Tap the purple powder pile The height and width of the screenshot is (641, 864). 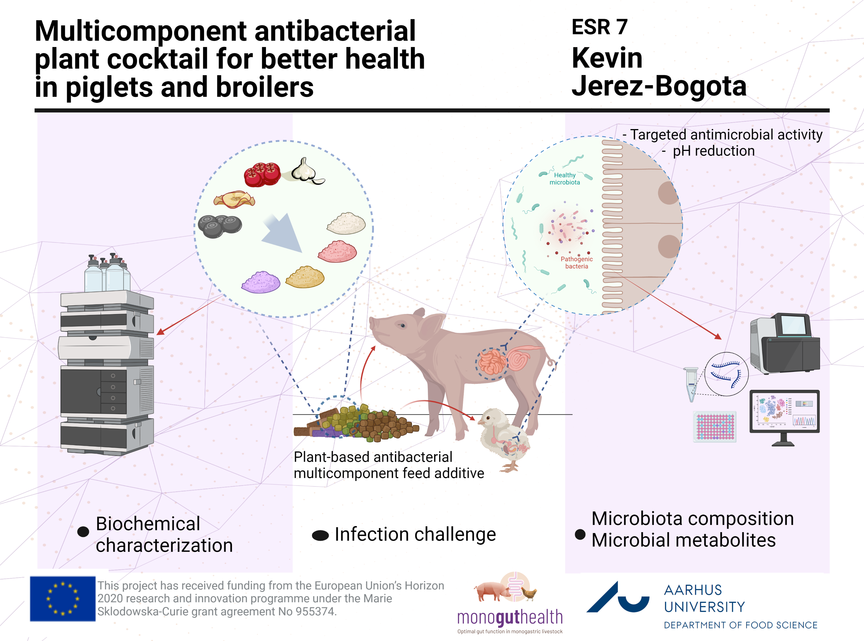click(x=261, y=282)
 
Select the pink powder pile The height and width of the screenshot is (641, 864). click(x=337, y=252)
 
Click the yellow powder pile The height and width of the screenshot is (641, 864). click(x=305, y=277)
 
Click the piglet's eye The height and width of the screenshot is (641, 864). click(x=402, y=325)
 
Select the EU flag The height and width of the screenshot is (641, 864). click(x=63, y=599)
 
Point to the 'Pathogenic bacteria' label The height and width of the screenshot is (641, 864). click(x=576, y=262)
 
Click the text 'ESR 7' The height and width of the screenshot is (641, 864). click(x=600, y=27)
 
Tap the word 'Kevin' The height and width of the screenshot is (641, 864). click(x=607, y=58)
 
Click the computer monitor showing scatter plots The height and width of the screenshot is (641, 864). click(x=784, y=412)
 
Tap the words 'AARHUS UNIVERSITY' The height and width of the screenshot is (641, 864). click(x=704, y=598)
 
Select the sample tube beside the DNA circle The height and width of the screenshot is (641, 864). click(x=691, y=384)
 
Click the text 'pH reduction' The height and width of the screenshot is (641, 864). click(x=713, y=151)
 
